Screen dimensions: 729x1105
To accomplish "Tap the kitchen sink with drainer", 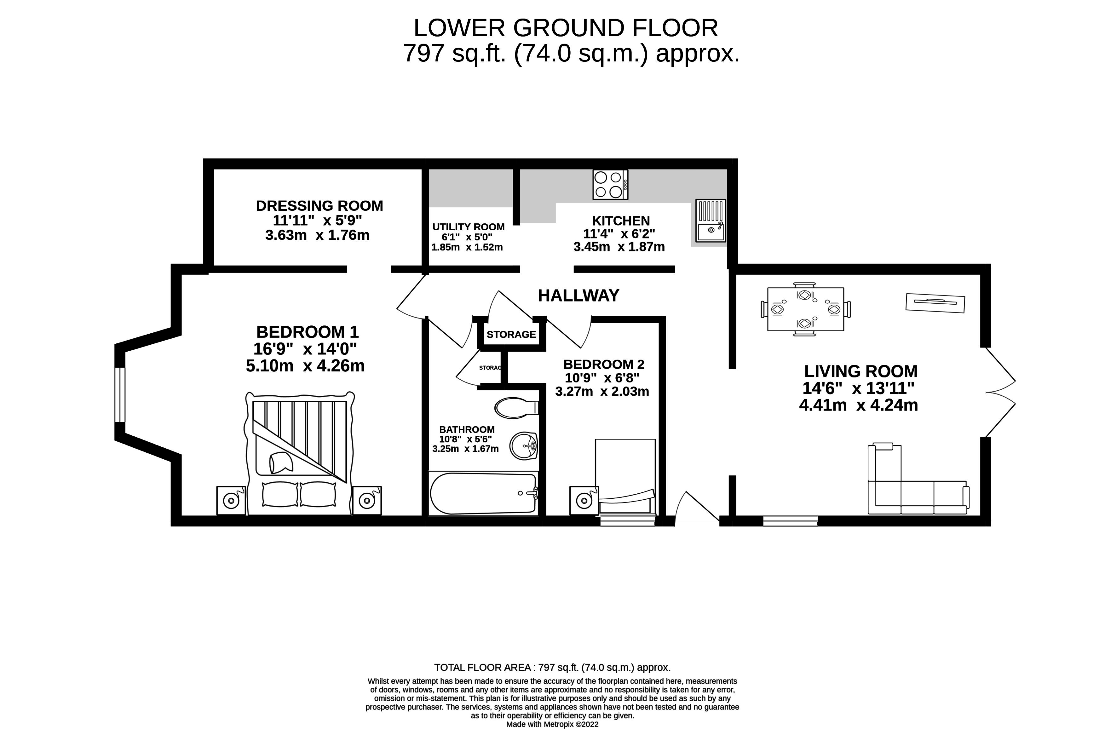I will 710,221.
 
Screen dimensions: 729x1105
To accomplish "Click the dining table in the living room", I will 805,309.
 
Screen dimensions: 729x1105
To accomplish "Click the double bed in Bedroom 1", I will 300,453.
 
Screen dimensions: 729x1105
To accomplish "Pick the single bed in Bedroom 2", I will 625,477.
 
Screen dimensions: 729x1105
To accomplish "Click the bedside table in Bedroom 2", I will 584,501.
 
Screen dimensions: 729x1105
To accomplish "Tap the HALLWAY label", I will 578,296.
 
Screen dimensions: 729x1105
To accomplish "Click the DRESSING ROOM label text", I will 319,206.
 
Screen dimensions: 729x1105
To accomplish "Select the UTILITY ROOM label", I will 468,227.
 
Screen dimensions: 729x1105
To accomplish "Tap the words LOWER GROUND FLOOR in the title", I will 565,28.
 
